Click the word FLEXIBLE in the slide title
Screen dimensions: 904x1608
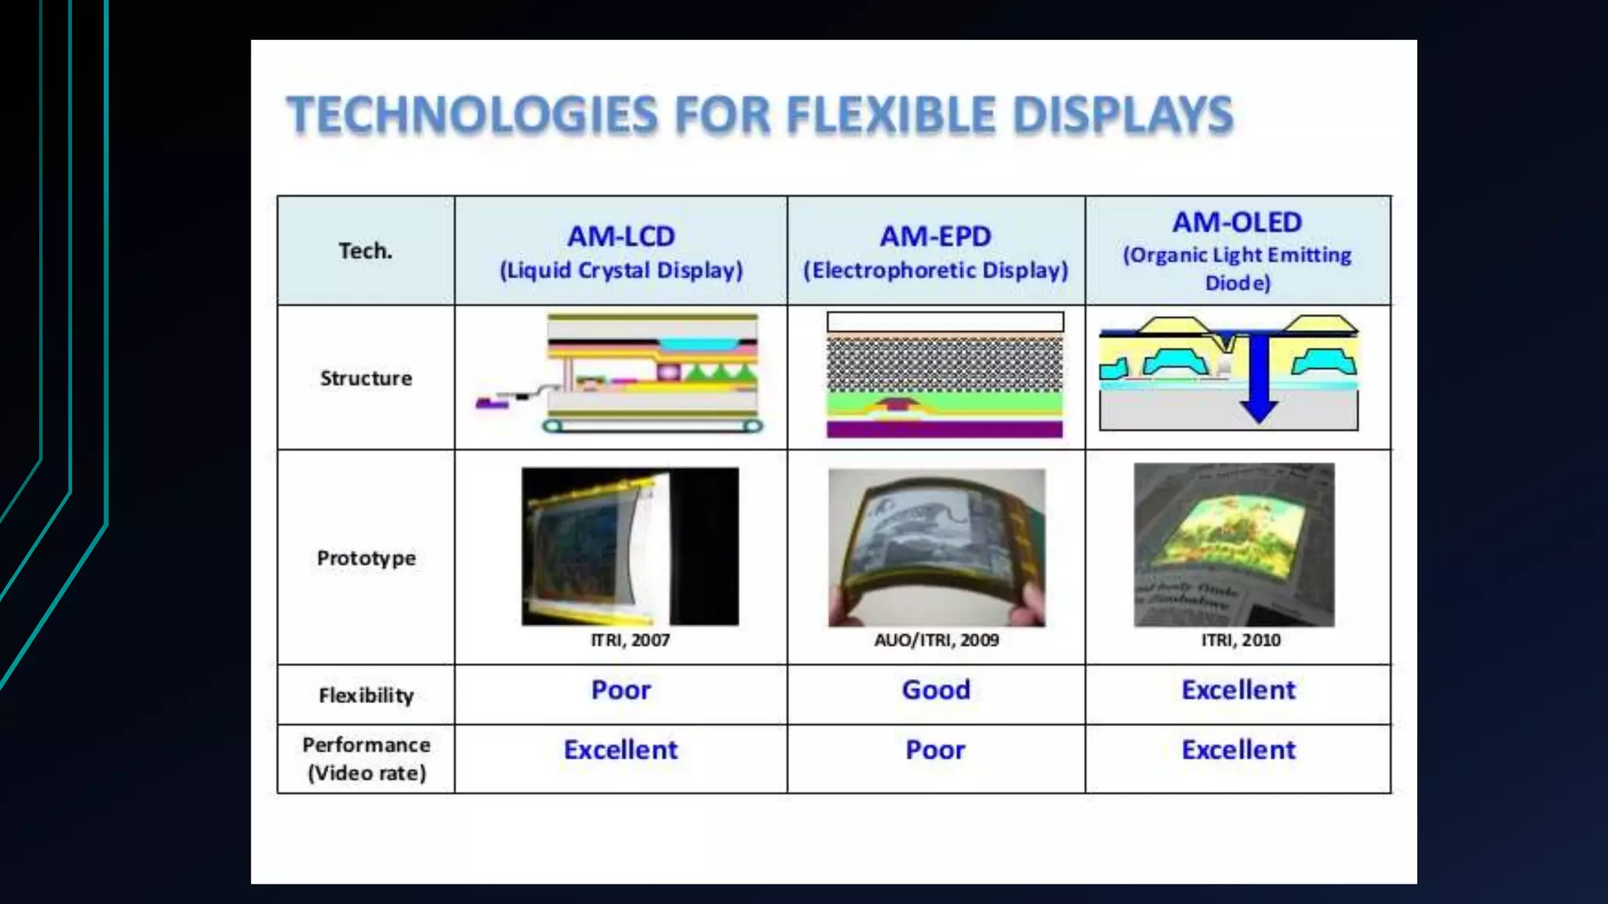[x=891, y=115]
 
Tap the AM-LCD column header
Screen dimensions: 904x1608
[x=621, y=236]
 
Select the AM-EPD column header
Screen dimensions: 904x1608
[x=935, y=236]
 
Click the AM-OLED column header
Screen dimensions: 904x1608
[x=1237, y=223]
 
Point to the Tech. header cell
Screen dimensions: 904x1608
[x=365, y=251]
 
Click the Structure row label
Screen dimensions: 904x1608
[x=366, y=378]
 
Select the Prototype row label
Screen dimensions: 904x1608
[x=366, y=558]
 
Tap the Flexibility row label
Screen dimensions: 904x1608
[x=366, y=695]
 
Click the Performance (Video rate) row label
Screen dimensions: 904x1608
[x=366, y=759]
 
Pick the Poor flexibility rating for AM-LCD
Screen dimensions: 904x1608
[x=621, y=690]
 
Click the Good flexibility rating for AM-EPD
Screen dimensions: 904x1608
[x=936, y=690]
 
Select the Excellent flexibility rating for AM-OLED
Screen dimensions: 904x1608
[x=1238, y=690]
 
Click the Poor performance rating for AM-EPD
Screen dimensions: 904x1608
[x=935, y=749]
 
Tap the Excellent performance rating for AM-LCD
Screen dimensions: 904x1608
[x=620, y=749]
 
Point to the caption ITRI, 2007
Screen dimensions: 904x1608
[x=630, y=640]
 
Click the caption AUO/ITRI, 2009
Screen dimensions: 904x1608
[x=937, y=640]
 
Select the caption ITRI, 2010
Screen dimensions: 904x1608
[x=1241, y=640]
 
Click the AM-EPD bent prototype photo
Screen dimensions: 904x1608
[x=937, y=548]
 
